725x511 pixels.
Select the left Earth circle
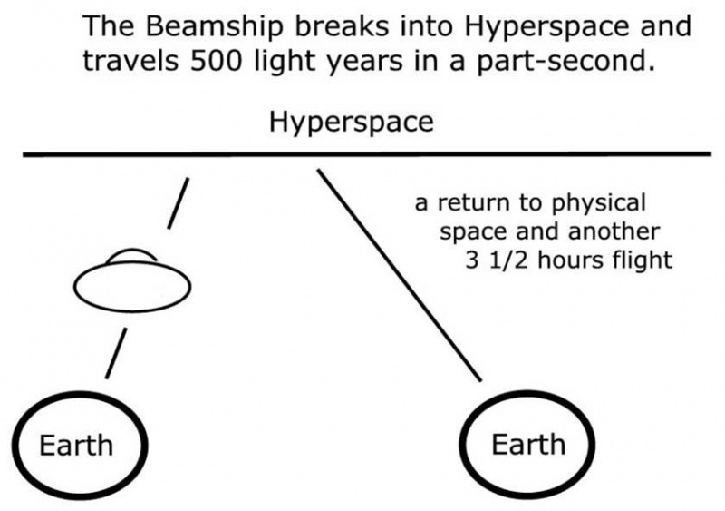[77, 445]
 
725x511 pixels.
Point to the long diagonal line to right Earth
[399, 272]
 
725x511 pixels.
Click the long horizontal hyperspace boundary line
[362, 155]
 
